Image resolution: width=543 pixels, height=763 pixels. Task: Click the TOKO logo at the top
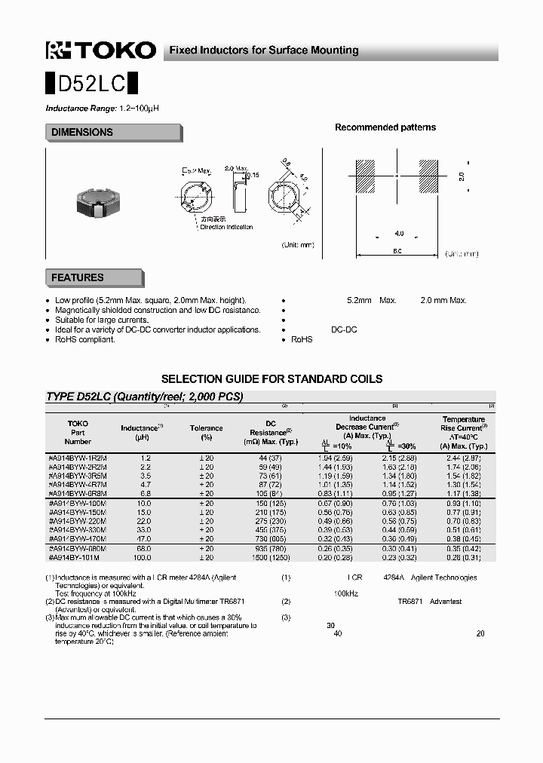click(100, 51)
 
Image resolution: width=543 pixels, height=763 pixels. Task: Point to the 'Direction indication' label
click(226, 227)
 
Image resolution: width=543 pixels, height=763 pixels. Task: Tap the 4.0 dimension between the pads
click(399, 234)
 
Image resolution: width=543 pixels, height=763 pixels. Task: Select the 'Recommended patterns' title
click(385, 127)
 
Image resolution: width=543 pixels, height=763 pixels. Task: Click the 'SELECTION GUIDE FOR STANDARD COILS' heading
click(271, 379)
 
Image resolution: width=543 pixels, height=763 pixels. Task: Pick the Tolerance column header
click(207, 428)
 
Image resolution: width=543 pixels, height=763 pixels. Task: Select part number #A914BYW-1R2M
click(78, 458)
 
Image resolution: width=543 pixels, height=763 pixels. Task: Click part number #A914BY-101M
click(75, 557)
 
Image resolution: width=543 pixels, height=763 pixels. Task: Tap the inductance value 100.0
click(143, 557)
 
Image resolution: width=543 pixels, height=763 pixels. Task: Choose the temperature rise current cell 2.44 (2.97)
click(463, 458)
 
